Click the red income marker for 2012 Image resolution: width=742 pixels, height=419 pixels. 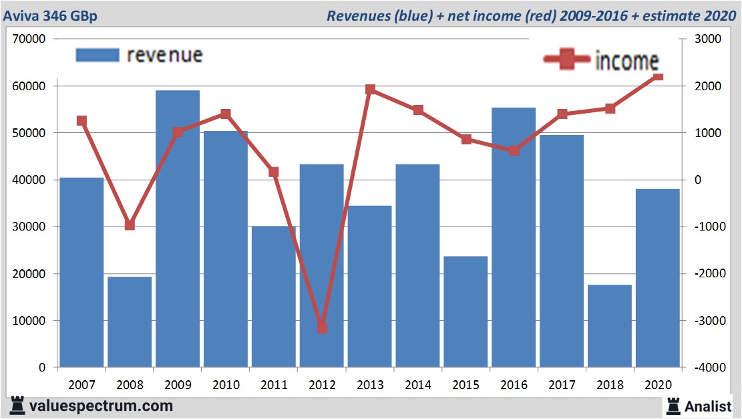[x=322, y=327]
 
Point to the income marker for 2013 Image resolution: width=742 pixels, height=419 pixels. [x=370, y=90]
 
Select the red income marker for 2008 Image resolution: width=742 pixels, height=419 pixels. [x=130, y=225]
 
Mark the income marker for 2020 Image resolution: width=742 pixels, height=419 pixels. [x=658, y=77]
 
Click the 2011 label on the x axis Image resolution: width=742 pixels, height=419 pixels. [x=274, y=385]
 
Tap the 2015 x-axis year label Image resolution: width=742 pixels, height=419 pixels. [x=466, y=385]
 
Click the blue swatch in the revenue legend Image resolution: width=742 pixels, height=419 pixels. [x=98, y=55]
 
